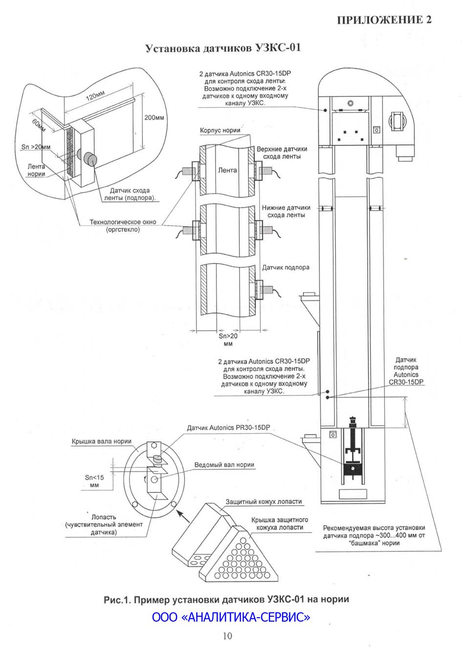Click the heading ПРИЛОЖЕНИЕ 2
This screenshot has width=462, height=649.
(384, 20)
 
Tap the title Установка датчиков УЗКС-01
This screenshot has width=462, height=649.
(223, 47)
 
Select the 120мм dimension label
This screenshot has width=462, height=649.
(95, 95)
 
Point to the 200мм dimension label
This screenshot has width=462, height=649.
(154, 117)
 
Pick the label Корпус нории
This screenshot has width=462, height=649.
(220, 130)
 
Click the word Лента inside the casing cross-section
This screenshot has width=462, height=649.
(227, 170)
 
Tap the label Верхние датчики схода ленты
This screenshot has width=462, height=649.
(282, 153)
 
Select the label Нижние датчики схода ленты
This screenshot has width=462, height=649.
(286, 211)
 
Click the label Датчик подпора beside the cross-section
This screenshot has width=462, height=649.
(286, 268)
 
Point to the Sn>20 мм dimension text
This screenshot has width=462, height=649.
(228, 339)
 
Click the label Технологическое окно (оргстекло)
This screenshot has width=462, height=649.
(123, 225)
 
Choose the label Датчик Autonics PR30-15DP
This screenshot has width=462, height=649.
(228, 427)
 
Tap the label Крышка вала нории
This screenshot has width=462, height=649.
(101, 441)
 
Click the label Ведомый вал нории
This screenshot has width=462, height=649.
(224, 465)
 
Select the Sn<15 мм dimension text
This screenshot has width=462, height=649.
(94, 481)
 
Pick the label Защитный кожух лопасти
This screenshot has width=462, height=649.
(264, 501)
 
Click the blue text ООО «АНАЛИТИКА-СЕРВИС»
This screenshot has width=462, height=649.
(231, 617)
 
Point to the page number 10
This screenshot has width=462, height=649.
(227, 636)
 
